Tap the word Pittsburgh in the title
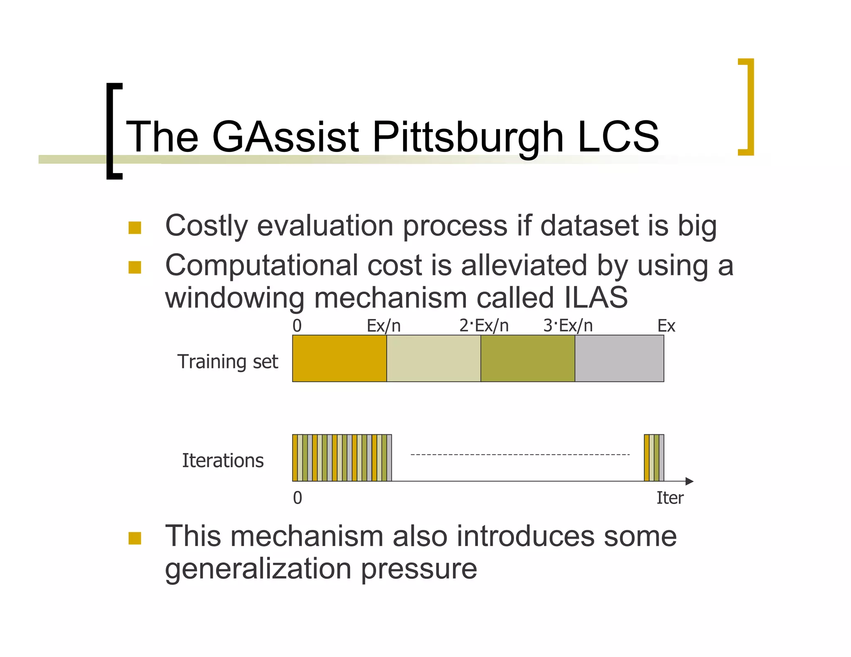tap(468, 137)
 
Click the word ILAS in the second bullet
tap(596, 297)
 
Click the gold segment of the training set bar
tap(339, 358)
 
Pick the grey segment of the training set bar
tap(619, 358)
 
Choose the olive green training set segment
tap(528, 358)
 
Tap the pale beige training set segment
tap(433, 358)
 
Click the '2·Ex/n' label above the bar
tap(484, 326)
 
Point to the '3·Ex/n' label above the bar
tap(568, 326)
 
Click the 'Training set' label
tap(227, 361)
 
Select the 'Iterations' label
tap(223, 460)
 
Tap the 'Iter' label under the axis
tap(669, 498)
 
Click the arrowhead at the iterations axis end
tap(689, 481)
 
